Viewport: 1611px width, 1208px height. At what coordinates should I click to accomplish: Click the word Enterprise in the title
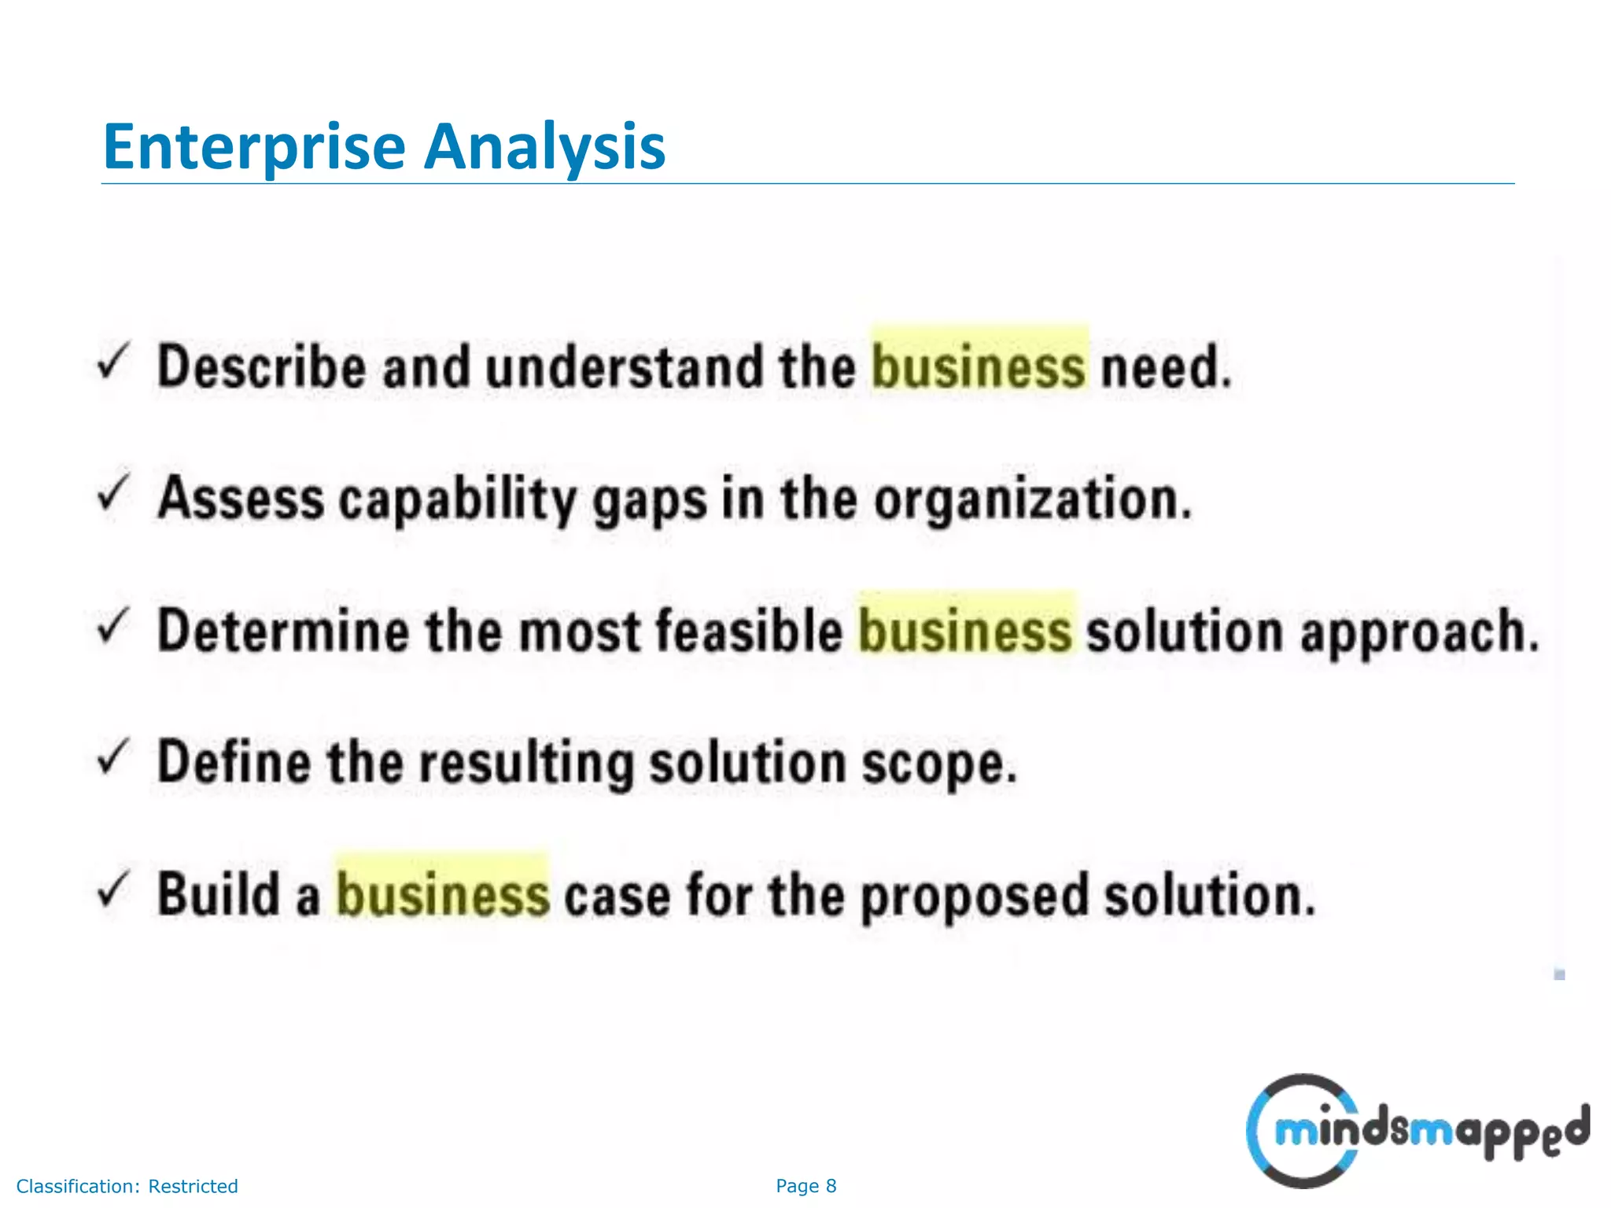pyautogui.click(x=254, y=147)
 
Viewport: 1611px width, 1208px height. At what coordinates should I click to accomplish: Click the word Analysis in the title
pyautogui.click(x=544, y=147)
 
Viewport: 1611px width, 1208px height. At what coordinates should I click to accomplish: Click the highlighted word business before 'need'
pyautogui.click(x=979, y=366)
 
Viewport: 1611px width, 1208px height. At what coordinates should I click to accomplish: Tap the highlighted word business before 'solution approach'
pyautogui.click(x=965, y=631)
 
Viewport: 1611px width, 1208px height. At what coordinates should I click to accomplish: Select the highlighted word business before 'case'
pyautogui.click(x=443, y=895)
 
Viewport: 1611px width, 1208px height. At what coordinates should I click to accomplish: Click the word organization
pyautogui.click(x=1033, y=500)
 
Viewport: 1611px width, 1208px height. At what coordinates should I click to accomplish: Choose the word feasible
pyautogui.click(x=749, y=631)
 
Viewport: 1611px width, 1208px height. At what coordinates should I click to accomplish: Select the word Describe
pyautogui.click(x=262, y=366)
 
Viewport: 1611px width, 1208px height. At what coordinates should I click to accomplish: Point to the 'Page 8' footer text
pyautogui.click(x=805, y=1186)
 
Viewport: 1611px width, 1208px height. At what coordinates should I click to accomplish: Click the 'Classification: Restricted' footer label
pyautogui.click(x=127, y=1186)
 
